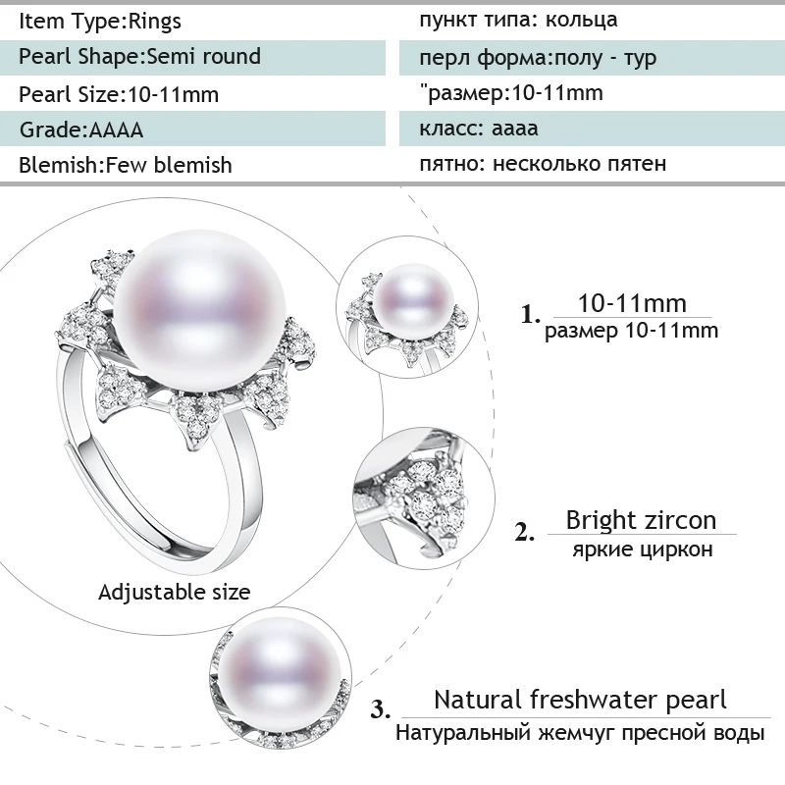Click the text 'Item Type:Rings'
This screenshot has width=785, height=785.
(x=100, y=21)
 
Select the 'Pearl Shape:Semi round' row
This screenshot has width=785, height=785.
(x=140, y=57)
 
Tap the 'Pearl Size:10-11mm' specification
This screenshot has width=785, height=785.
(x=119, y=94)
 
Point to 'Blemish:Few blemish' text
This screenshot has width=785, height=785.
(x=126, y=165)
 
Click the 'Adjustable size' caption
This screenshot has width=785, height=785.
(x=175, y=592)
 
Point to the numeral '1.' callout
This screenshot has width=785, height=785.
(x=531, y=315)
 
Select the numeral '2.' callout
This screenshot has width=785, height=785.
(x=525, y=533)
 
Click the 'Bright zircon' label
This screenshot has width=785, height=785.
(x=641, y=519)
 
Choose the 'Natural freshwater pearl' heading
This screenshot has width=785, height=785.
(x=580, y=700)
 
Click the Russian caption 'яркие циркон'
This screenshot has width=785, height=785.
(x=642, y=549)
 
